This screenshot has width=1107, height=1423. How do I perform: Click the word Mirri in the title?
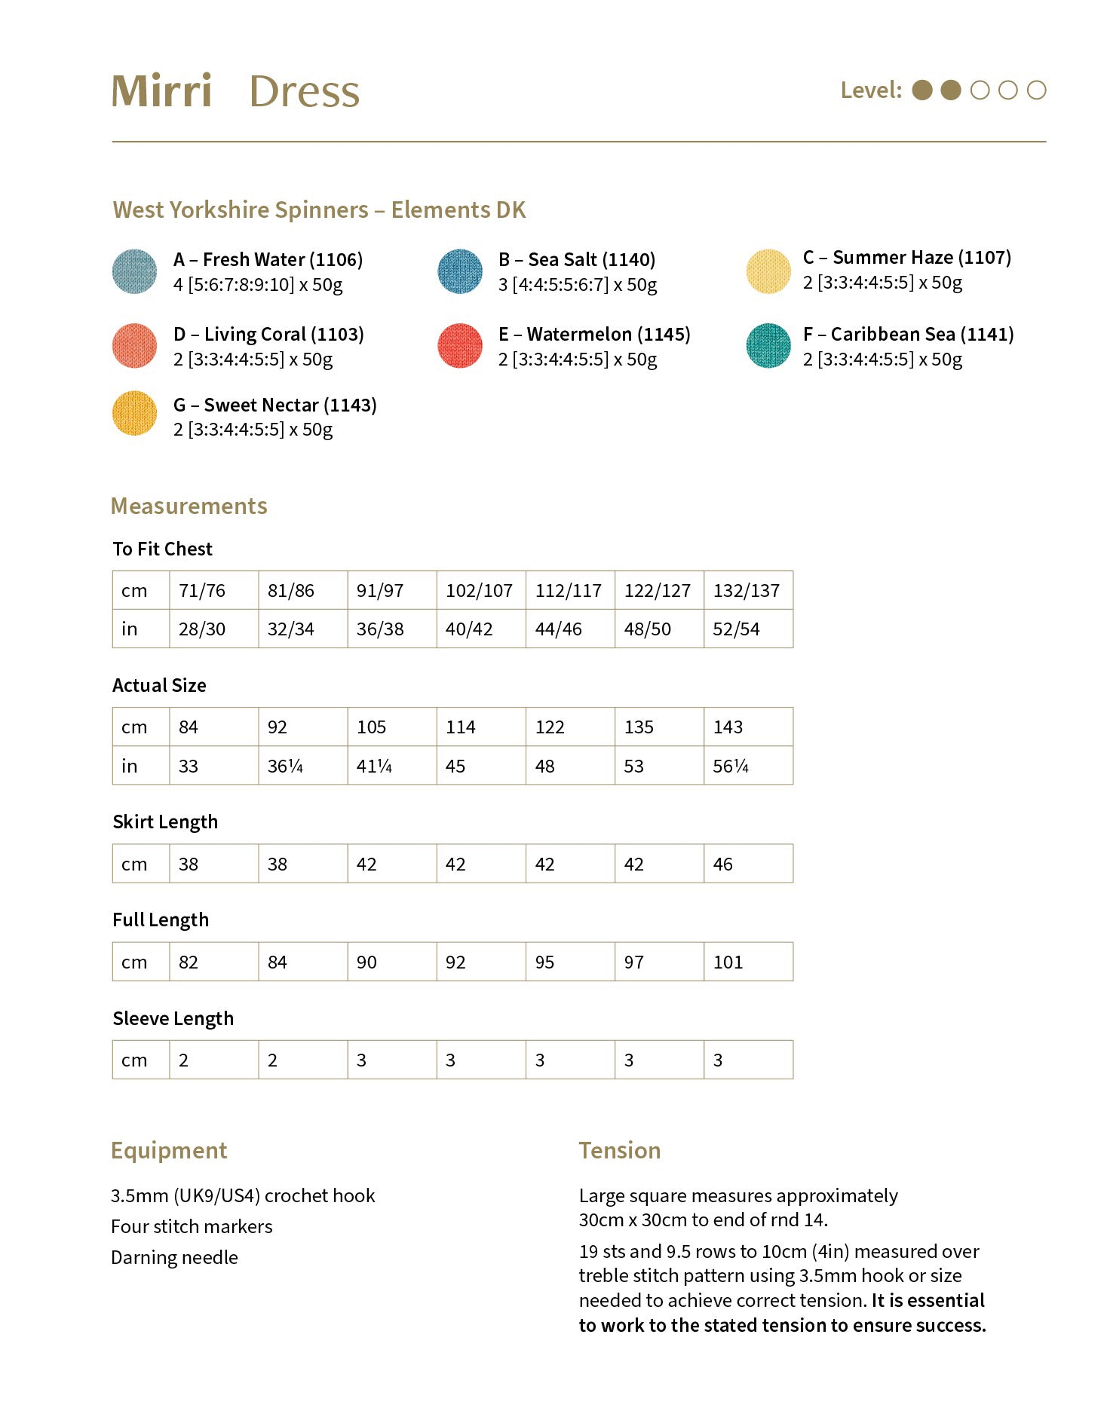161,91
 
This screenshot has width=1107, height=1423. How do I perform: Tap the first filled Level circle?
922,90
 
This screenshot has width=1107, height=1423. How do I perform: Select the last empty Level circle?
1037,90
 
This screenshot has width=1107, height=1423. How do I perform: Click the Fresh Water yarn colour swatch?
134,271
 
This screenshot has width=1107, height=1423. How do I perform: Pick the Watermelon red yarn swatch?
459,346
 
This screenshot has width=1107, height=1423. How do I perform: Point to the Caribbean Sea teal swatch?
768,346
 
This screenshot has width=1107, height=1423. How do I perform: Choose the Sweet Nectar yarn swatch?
134,413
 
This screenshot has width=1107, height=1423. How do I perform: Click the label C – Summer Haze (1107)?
906,258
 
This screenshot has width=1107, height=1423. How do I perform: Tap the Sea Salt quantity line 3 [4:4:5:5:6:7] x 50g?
577,285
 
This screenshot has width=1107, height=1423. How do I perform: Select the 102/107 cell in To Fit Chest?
480,590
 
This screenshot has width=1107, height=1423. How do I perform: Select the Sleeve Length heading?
173,1019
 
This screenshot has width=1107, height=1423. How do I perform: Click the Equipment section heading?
169,1150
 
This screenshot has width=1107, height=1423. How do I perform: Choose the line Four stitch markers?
192,1226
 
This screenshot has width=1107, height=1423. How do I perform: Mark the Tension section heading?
619,1150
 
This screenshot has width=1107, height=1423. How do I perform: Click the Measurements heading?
189,506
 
